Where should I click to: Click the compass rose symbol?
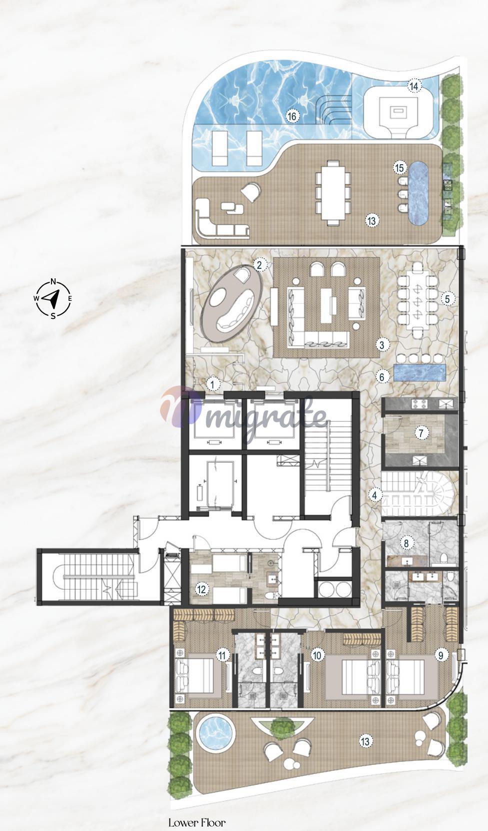pos(53,298)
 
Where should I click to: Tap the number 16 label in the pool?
pos(292,117)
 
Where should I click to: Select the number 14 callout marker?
pos(414,87)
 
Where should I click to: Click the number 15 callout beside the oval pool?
pos(399,168)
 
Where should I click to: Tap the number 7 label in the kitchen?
pos(421,433)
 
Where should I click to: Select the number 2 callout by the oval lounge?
pos(259,264)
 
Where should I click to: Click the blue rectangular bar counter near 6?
pos(419,373)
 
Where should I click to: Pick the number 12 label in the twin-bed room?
pos(202,589)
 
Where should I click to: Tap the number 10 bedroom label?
pos(317,655)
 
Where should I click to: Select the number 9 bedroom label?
pos(441,655)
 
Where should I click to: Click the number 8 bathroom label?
pos(406,544)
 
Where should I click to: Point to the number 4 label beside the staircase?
pos(374,495)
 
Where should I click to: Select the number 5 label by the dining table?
pos(447,299)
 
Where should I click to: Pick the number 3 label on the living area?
pos(382,344)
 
